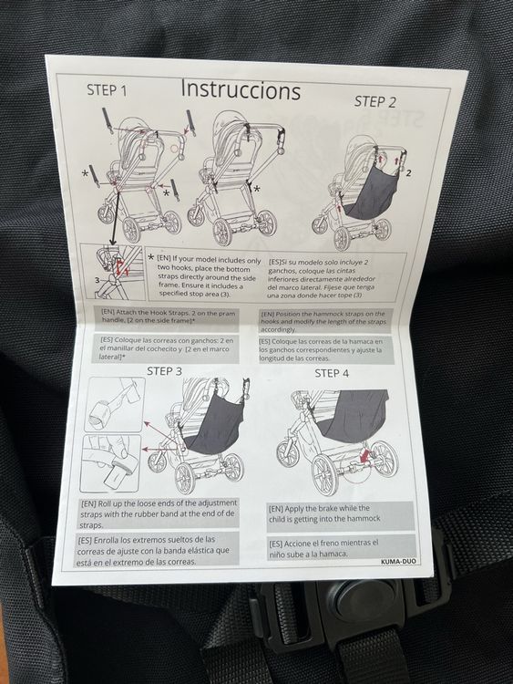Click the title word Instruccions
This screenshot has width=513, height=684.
(x=241, y=90)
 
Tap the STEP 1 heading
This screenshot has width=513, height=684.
(x=107, y=90)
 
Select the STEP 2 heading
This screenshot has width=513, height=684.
(x=374, y=101)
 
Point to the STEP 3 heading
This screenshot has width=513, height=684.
(x=164, y=371)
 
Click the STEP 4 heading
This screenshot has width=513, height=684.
(x=332, y=373)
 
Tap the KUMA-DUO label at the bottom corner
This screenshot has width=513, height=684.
(x=398, y=562)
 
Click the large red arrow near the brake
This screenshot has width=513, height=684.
(x=364, y=457)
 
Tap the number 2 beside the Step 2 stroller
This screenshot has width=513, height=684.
(x=408, y=173)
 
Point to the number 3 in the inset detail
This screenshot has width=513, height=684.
(x=97, y=280)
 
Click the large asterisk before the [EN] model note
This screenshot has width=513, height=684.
(x=151, y=257)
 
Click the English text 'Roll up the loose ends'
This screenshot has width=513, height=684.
(x=159, y=513)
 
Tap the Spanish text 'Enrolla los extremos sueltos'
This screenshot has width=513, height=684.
(x=157, y=551)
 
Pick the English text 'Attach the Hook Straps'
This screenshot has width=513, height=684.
(x=169, y=316)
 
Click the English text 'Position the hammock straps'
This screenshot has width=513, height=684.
(x=323, y=322)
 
